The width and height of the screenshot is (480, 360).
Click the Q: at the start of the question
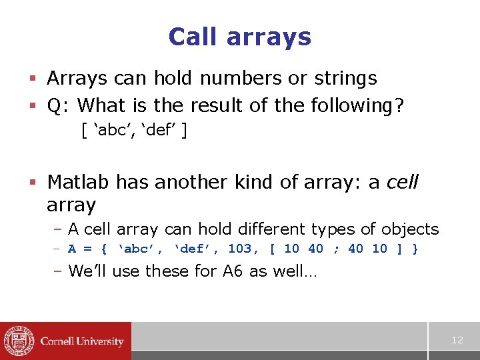(x=59, y=105)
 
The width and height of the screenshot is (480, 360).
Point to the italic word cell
(x=403, y=181)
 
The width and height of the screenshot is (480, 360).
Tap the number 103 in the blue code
(x=240, y=249)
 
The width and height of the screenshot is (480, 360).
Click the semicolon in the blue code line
(x=335, y=249)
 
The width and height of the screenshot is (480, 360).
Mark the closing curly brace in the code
(x=416, y=249)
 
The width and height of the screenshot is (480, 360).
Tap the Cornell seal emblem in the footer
(x=18, y=341)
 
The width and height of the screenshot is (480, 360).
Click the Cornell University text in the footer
(x=82, y=341)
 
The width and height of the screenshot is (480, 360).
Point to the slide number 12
(x=457, y=340)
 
